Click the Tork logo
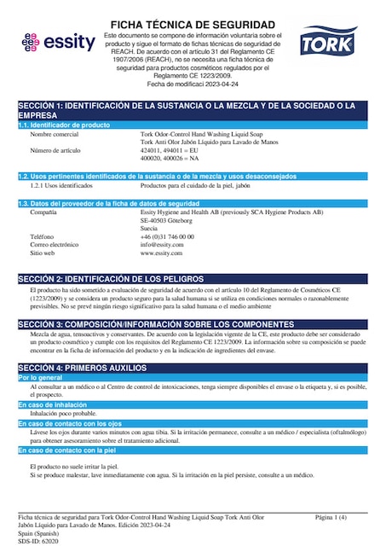[330, 41]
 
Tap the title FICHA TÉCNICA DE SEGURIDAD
[193, 24]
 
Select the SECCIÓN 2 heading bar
[193, 279]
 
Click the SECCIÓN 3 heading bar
[193, 325]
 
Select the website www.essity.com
[162, 253]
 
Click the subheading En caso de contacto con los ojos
[74, 423]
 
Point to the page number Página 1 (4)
[331, 517]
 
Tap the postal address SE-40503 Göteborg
[167, 220]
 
